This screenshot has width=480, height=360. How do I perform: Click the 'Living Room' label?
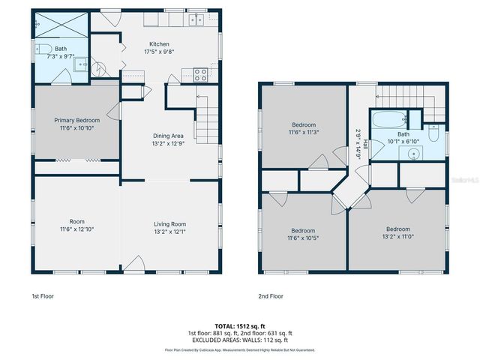click(x=169, y=223)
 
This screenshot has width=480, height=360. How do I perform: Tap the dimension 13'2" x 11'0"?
click(x=397, y=237)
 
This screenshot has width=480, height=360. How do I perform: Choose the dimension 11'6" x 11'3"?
click(x=304, y=132)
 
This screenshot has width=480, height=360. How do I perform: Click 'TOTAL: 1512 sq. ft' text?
click(x=240, y=326)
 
